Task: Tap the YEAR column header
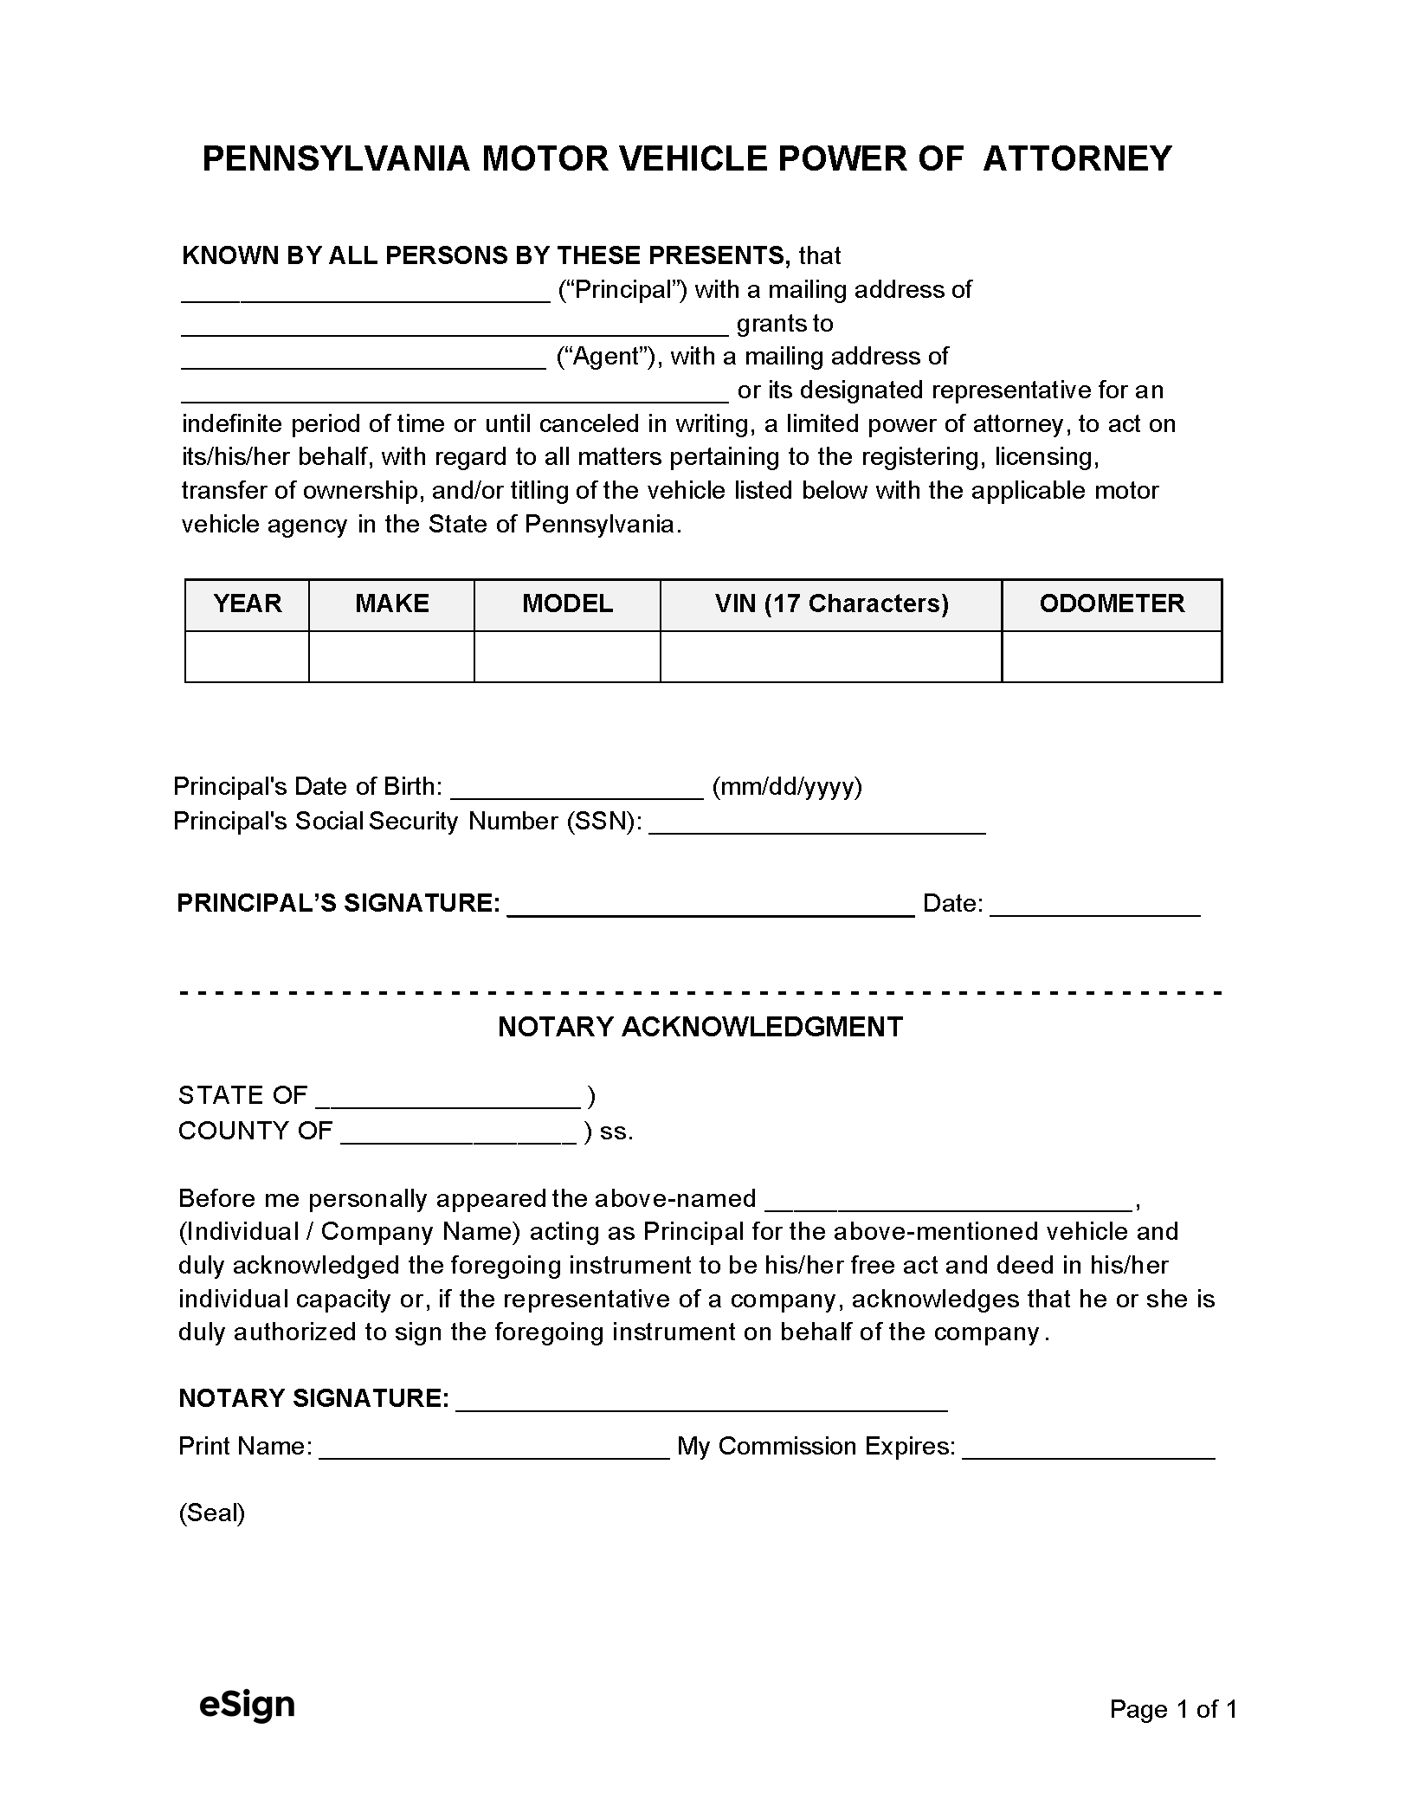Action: coord(247,603)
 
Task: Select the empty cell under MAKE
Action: coord(391,656)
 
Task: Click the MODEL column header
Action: coord(567,603)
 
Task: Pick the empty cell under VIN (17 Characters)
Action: coord(830,656)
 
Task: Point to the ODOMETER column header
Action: coord(1112,603)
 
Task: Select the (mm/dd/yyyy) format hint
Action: coord(786,786)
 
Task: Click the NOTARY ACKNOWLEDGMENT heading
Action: coord(700,1027)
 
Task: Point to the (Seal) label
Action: coord(212,1513)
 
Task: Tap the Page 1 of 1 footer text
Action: coord(1173,1708)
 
